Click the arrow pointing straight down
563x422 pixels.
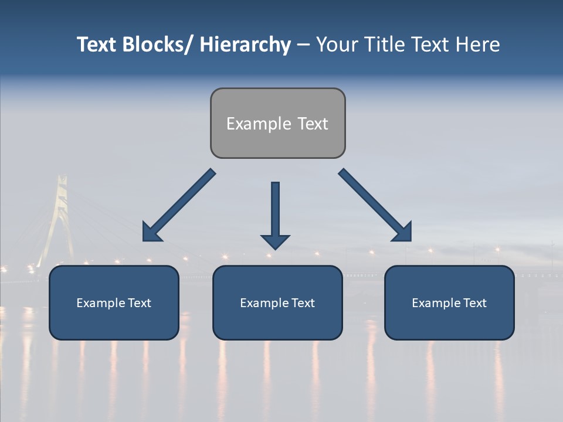click(275, 215)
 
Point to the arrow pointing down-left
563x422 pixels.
click(179, 205)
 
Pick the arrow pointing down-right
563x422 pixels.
click(375, 205)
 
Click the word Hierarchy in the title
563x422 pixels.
click(245, 45)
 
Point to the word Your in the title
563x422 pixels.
click(337, 45)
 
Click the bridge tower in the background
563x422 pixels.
click(58, 211)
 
